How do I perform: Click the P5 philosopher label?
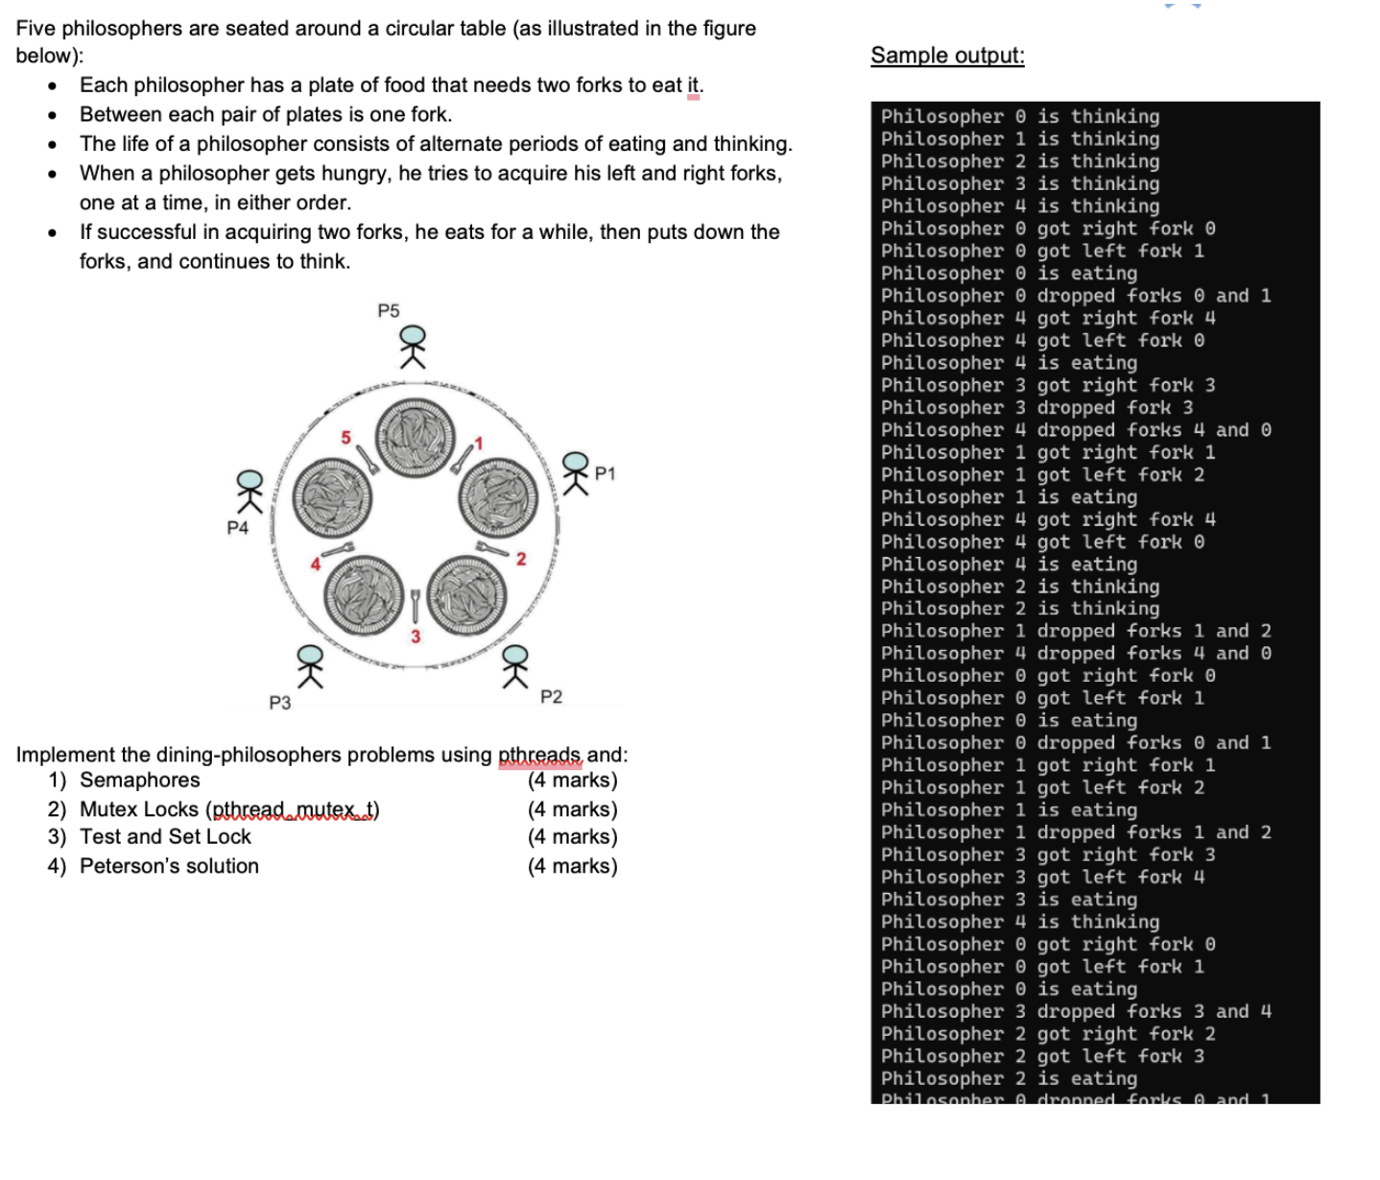tap(388, 310)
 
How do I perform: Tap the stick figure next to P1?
tap(575, 473)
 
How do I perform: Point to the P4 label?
tap(237, 527)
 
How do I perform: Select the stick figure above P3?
tap(309, 665)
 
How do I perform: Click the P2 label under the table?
tap(551, 696)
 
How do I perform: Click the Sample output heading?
tap(947, 56)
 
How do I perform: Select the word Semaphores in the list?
tap(140, 780)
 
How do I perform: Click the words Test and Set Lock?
tap(165, 836)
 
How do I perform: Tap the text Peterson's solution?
tap(169, 866)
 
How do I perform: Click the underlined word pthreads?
tap(539, 755)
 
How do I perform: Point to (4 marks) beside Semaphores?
tap(572, 780)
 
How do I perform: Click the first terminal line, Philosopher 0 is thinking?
tap(1019, 116)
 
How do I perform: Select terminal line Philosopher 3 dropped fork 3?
tap(1036, 407)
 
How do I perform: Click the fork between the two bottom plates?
tap(416, 605)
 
